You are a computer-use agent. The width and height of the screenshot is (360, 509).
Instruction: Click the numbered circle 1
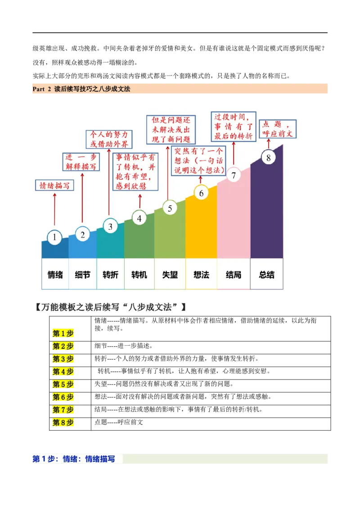coord(54,237)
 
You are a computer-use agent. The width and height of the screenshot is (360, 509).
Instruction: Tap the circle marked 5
coord(170,208)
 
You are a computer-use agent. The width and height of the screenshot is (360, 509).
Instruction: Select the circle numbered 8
coord(269,157)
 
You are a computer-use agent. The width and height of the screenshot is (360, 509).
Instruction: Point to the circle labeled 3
coord(110,227)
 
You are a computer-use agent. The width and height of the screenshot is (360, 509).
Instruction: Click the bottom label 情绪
coord(55,274)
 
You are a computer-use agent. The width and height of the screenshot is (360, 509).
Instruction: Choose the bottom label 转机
coord(139,274)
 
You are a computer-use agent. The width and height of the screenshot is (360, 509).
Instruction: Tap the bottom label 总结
coord(266,274)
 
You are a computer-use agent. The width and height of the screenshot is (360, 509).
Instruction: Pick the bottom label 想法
coord(201,274)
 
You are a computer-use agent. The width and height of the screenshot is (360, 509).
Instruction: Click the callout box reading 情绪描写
coord(54,185)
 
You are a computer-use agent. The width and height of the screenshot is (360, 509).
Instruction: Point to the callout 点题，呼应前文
coord(279,129)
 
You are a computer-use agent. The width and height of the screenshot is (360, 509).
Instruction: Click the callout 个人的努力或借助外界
coord(109,139)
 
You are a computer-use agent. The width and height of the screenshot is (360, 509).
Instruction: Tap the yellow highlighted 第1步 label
coord(63,334)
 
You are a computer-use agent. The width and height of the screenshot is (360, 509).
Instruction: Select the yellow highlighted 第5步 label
coord(63,384)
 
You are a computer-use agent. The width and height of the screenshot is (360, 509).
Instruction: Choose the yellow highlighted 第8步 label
coord(63,423)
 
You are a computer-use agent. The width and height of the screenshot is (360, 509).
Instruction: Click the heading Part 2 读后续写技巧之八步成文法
coord(81,89)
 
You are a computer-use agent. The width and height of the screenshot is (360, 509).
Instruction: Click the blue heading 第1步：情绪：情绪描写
coord(74,459)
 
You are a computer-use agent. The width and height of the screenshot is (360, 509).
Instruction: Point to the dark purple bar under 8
coord(266,211)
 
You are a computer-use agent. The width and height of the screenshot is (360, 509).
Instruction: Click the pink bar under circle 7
coord(233,220)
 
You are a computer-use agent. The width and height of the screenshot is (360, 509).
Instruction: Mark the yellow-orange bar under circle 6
coord(201,229)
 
